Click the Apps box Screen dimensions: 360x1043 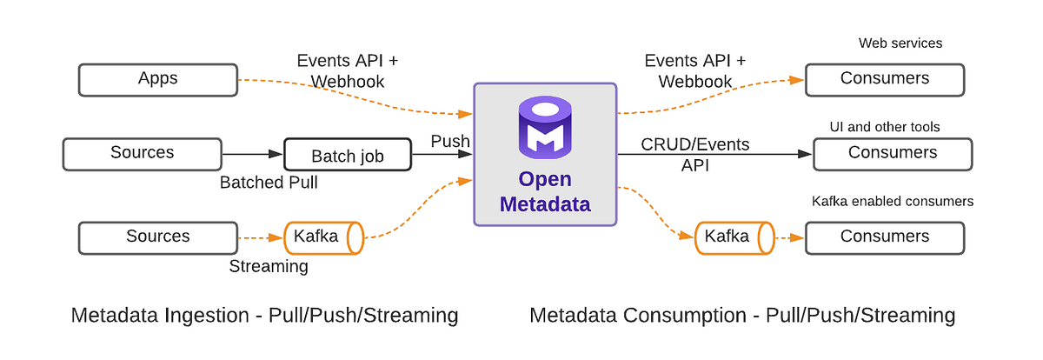point(157,79)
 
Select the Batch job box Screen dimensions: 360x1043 point(348,157)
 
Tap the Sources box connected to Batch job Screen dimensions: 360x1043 point(142,154)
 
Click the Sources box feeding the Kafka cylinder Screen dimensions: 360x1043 point(157,237)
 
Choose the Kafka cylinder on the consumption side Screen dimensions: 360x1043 point(734,237)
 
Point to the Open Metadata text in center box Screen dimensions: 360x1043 point(545,192)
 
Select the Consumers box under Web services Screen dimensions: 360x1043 point(884,79)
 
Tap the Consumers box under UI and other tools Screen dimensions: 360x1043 point(892,154)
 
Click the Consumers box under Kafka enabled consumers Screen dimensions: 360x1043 point(884,237)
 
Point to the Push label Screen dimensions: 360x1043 point(450,141)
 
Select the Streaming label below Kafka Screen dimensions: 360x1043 point(268,266)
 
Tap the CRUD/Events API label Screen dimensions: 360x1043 point(694,154)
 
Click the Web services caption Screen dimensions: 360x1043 point(900,43)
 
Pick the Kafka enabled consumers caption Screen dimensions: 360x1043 point(892,202)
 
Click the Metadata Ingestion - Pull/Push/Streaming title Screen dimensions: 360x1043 point(264,315)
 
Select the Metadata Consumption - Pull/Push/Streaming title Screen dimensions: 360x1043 point(742,315)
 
